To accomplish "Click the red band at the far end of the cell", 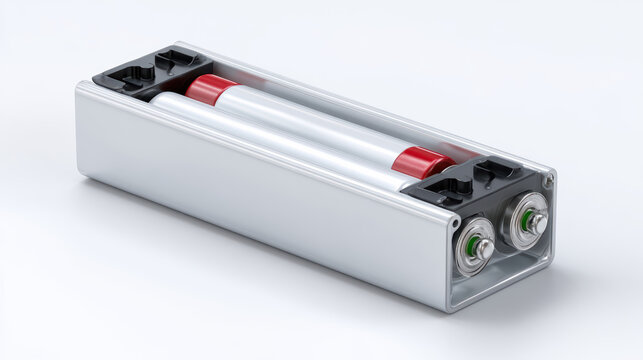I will click(x=208, y=90).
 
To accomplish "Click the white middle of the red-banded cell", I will click(x=310, y=125).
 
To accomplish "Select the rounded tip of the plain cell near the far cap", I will click(x=160, y=101).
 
